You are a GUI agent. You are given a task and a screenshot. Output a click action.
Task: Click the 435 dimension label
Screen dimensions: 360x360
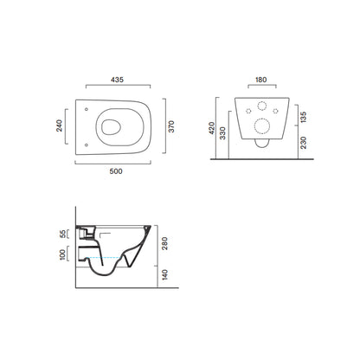(117, 80)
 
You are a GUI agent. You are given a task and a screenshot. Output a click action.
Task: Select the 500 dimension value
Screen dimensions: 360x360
(116, 171)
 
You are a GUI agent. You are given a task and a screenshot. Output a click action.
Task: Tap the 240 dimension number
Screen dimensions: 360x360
(59, 125)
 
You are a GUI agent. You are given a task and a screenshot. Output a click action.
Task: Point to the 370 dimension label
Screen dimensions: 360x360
(171, 126)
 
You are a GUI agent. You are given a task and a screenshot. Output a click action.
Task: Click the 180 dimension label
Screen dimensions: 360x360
(261, 80)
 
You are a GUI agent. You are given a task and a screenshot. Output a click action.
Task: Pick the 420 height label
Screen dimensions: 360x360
(212, 128)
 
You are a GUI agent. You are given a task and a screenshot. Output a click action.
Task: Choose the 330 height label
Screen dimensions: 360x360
(222, 133)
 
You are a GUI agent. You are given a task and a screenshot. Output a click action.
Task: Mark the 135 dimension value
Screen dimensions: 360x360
(304, 117)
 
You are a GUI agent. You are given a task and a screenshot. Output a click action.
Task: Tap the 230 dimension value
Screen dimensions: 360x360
(304, 143)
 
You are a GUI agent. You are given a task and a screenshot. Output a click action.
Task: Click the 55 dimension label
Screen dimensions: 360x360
(63, 234)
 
